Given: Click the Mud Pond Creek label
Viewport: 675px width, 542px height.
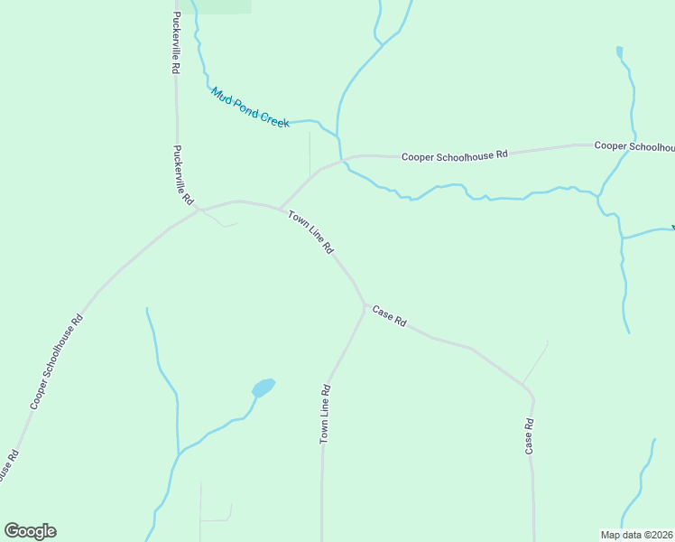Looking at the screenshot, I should (250, 107).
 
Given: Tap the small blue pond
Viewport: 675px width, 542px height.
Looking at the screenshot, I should (264, 388).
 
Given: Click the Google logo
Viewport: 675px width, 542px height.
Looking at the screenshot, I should (30, 531).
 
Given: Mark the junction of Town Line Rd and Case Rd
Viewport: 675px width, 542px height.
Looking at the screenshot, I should (365, 306).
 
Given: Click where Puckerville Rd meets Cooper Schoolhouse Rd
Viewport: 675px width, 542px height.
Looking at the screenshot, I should (200, 210).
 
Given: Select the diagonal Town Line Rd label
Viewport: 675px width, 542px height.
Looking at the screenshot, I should (311, 231).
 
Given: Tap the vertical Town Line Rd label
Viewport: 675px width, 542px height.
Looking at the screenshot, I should (326, 414).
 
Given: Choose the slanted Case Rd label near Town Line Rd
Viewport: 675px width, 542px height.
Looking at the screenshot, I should (390, 316).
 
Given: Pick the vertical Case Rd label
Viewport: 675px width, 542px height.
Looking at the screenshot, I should (530, 436).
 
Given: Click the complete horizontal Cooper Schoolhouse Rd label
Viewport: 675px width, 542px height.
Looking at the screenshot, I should (455, 155).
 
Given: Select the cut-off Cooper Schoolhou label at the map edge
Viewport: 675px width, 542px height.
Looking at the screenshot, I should (633, 145).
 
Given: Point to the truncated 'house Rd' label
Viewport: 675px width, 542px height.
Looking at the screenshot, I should (8, 468).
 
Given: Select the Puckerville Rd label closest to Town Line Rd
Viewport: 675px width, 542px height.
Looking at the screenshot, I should (183, 174).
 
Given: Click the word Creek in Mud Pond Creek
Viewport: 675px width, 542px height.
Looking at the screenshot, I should (274, 118).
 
